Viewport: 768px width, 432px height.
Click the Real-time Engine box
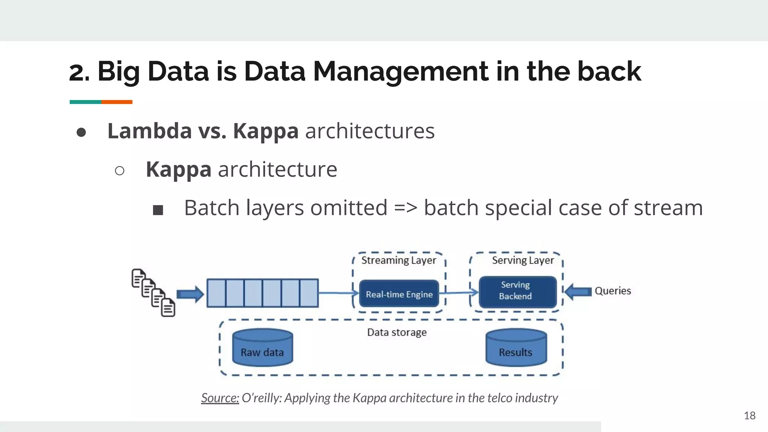coord(399,294)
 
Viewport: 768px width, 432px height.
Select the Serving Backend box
coord(517,291)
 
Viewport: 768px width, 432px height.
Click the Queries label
coord(612,291)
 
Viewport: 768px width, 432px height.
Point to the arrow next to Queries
coord(578,291)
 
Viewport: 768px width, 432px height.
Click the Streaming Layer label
coord(398,260)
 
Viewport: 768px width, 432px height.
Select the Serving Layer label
coord(522,260)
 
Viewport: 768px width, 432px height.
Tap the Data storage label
coord(397,332)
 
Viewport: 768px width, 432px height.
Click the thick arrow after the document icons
coord(190,294)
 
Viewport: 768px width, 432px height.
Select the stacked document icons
coord(153,292)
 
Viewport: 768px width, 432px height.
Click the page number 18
coord(749,415)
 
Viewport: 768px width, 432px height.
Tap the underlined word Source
coord(220,397)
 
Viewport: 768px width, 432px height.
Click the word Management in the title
coord(400,71)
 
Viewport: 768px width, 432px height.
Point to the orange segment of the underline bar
coord(117,102)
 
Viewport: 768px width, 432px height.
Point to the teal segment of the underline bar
coord(85,102)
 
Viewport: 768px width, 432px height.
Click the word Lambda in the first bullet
coord(150,131)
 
